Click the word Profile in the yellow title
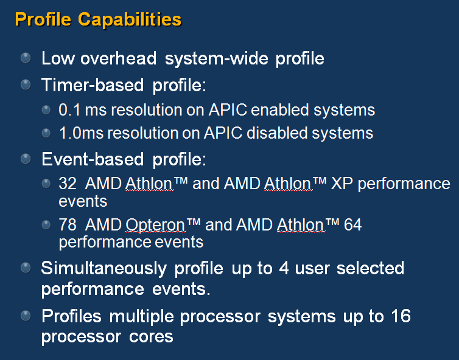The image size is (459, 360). coord(43,19)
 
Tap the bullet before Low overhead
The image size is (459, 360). coord(26,58)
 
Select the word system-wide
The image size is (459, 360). coord(216,58)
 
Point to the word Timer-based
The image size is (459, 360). coord(93,85)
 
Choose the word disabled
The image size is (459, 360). coord(277,133)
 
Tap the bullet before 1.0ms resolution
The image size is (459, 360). coord(46,133)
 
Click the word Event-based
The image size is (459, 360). coord(93,159)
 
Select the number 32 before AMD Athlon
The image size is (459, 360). coord(68,184)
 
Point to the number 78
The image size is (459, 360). coord(68,225)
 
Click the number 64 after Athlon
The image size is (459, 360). coord(352,225)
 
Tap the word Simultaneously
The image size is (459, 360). coord(104,269)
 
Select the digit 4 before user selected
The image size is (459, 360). coord(284,268)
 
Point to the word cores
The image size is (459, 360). coord(151,337)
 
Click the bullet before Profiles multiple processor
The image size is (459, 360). coord(26,316)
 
